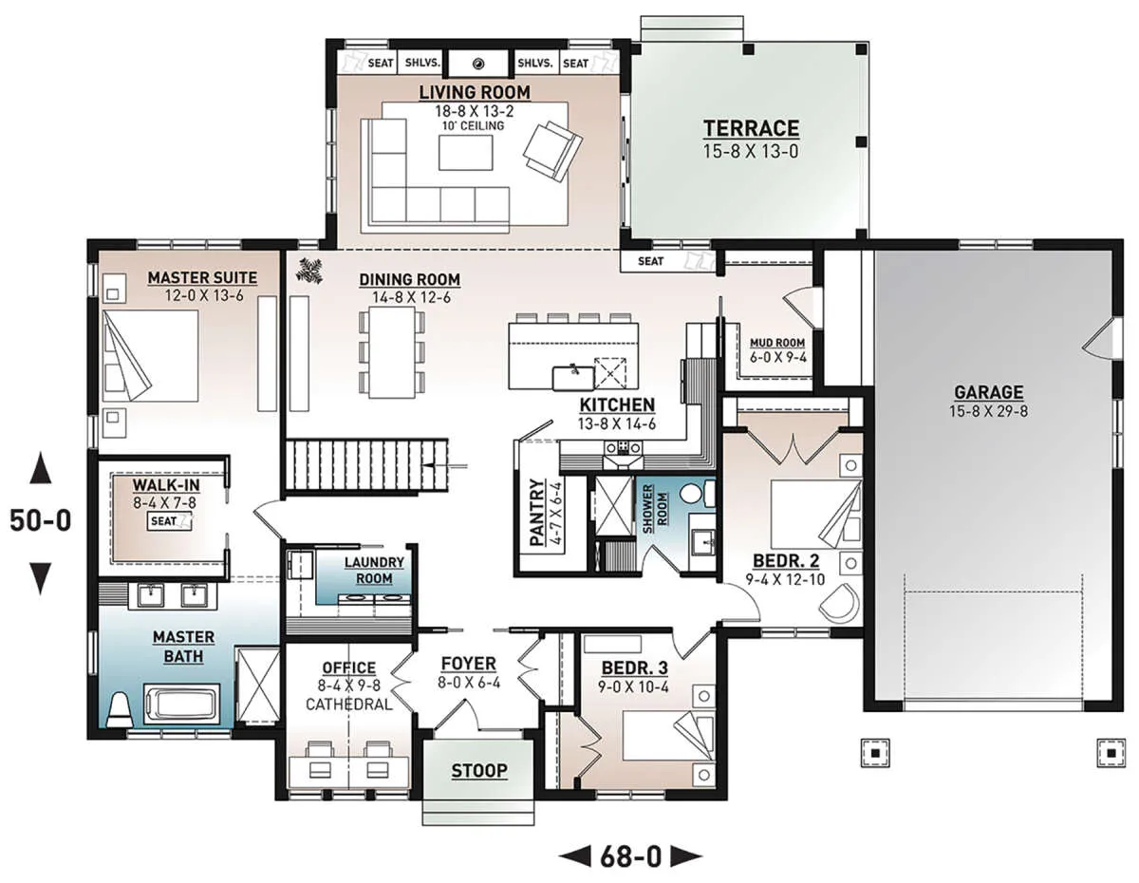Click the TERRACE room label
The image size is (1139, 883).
point(751,128)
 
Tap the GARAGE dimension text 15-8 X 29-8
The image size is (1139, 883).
point(988,411)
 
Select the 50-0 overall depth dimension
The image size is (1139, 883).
point(41,520)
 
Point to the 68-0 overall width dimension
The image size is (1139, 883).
point(630,856)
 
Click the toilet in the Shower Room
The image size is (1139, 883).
point(697,495)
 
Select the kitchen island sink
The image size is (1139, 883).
point(573,379)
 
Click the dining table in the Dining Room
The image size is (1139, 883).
point(392,352)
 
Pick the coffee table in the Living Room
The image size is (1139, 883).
point(465,153)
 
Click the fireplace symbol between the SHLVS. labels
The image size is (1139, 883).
point(478,64)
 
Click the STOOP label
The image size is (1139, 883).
point(479,771)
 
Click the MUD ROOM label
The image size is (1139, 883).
point(777,343)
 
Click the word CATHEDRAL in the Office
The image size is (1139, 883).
point(348,705)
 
